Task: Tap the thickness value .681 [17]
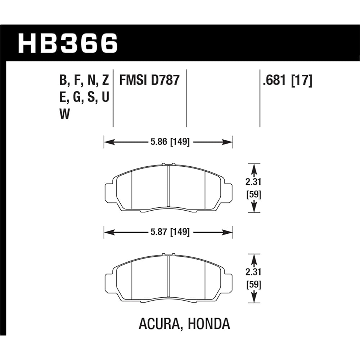point(287,80)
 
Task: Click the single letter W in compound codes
point(64,115)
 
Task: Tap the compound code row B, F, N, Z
point(84,80)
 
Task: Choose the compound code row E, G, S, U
point(84,98)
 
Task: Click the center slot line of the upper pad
point(168,187)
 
